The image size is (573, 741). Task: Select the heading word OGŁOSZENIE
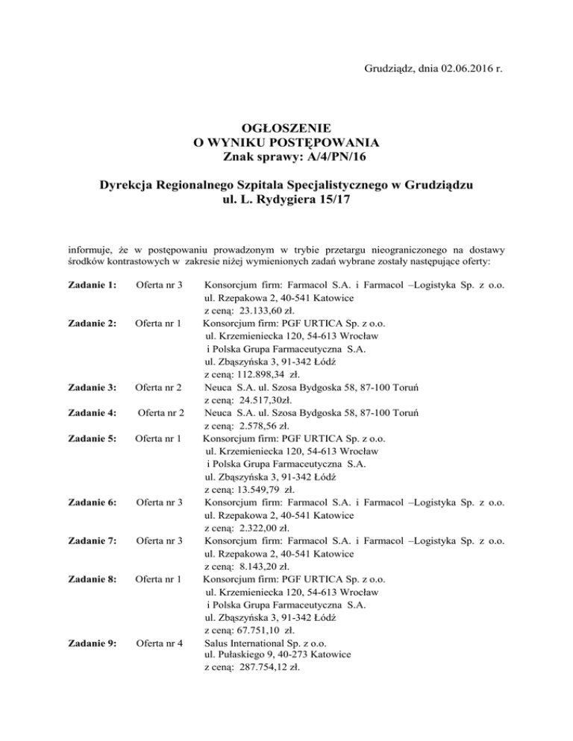(286, 127)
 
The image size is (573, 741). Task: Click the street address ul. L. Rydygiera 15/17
(286, 199)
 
